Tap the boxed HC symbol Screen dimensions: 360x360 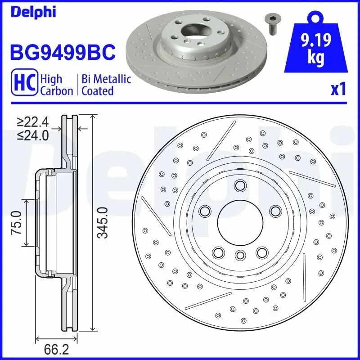click(x=25, y=85)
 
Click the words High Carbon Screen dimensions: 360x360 click(x=56, y=85)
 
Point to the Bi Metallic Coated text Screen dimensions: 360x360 click(x=106, y=85)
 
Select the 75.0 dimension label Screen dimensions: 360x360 click(x=18, y=223)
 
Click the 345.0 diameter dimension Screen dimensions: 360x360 click(x=103, y=223)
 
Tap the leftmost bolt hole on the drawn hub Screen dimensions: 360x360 click(x=206, y=210)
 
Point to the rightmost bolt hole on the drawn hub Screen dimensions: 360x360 click(x=274, y=210)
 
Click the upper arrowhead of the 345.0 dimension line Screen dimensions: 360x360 click(x=93, y=118)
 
